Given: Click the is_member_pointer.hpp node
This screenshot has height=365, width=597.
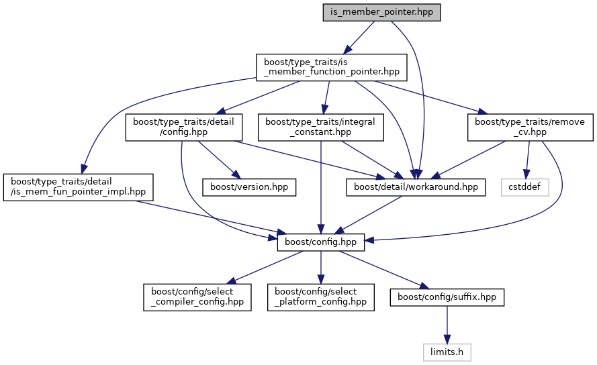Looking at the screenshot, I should coord(381,12).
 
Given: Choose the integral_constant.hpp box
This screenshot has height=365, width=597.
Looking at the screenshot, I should coord(321,127).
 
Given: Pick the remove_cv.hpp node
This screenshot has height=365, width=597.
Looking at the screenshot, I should coord(530,127).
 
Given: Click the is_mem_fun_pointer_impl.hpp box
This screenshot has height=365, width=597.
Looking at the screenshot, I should coord(78,187).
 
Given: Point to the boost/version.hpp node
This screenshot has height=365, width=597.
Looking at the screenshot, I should coord(249,187).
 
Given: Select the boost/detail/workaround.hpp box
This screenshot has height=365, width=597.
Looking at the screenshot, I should coord(415,187).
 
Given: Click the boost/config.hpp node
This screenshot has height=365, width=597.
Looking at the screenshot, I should coord(321,241).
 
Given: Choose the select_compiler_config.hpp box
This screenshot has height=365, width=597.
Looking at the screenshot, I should coord(197,297).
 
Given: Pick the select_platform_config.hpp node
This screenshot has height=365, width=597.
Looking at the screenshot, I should coord(321,297).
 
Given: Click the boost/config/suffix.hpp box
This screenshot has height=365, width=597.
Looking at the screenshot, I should coord(447,297).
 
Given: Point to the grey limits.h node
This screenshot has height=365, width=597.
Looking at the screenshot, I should coord(447,352).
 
